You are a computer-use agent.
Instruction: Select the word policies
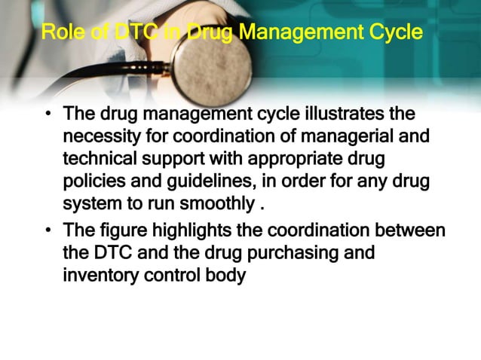coord(93,182)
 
